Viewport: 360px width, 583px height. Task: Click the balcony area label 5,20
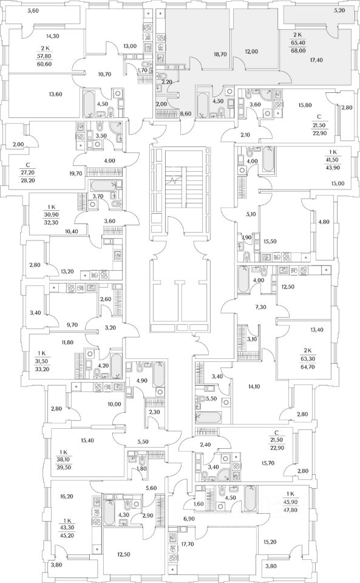click(x=339, y=10)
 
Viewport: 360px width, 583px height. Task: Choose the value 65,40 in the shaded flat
click(x=297, y=43)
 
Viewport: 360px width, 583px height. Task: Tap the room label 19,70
click(x=75, y=173)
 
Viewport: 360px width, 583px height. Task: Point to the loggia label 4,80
click(x=324, y=222)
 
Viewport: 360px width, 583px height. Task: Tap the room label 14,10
click(x=254, y=387)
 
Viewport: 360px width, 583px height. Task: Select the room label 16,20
click(x=67, y=496)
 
